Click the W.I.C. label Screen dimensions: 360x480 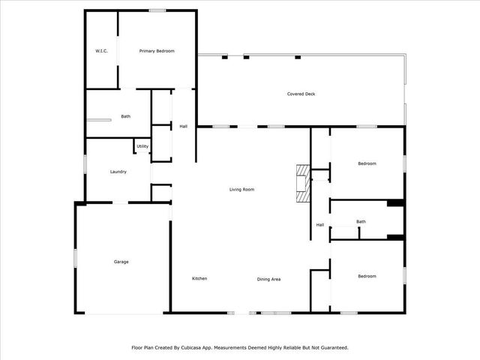coord(101,51)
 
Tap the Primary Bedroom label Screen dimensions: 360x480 coord(157,51)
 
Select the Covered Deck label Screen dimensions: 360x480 coord(300,94)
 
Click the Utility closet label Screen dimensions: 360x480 coord(142,146)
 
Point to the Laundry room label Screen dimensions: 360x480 coord(118,172)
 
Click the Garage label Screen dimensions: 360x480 coord(121,262)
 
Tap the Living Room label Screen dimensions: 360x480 coord(241,190)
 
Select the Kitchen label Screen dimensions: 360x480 coord(199,279)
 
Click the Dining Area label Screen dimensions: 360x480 coord(268,280)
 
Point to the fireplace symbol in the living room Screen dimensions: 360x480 coord(301,183)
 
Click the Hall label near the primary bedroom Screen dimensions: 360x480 coord(183,127)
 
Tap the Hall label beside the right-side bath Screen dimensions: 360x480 coord(319,225)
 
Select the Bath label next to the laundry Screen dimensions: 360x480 coord(126,116)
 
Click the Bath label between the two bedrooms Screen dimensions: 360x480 coord(361,221)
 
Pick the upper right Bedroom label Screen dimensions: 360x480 coord(367,163)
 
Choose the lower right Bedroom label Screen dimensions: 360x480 coord(367,277)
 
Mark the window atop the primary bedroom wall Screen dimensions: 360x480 coord(157,10)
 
